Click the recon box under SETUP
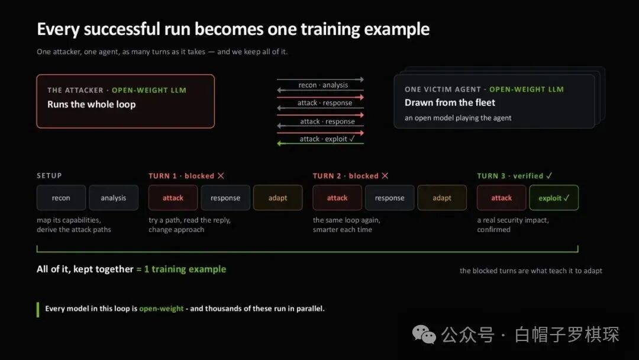coord(61,198)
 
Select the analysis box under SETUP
coord(114,198)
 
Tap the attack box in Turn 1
coord(173,198)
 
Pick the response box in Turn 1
coord(225,198)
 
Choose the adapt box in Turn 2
coord(442,198)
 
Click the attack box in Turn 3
coord(501,198)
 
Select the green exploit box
coord(554,198)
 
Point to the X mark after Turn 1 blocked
coord(221,176)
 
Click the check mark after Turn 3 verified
coord(549,176)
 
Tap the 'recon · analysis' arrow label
coord(323,85)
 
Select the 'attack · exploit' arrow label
coord(327,139)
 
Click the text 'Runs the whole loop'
coord(92,104)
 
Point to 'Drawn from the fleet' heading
coord(450,103)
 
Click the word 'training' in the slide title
coord(330,30)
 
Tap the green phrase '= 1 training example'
coord(181,269)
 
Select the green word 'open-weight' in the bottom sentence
coord(162,308)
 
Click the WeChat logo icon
coord(424,335)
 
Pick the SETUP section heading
coord(49,176)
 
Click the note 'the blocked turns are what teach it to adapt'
coord(531,271)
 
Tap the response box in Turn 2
coord(389,198)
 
